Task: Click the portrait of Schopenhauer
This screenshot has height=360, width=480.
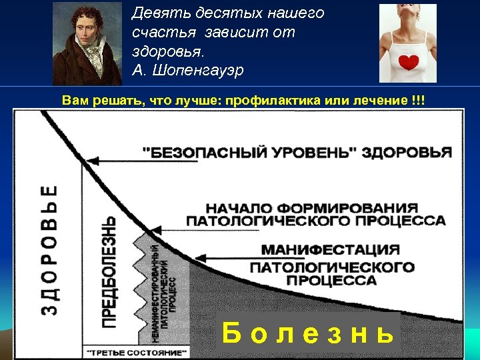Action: pyautogui.click(x=87, y=43)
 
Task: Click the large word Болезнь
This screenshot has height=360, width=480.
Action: pyautogui.click(x=307, y=332)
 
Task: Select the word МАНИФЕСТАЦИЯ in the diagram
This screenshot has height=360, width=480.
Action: pyautogui.click(x=331, y=250)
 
